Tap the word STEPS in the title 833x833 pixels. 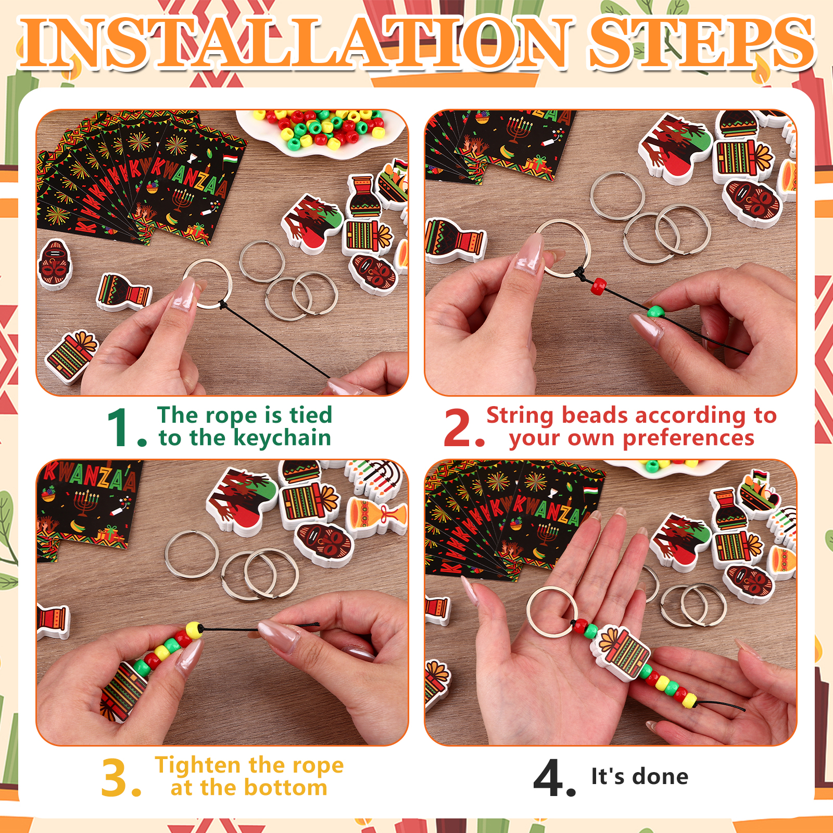pos(701,43)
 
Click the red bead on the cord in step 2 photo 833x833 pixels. pos(600,285)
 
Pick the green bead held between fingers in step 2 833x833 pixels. pos(655,312)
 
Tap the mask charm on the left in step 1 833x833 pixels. pos(55,264)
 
